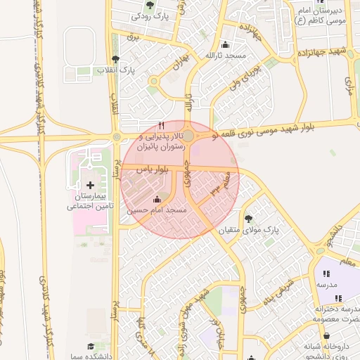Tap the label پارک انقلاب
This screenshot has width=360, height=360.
pyautogui.click(x=117, y=70)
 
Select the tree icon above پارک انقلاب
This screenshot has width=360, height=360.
pyautogui.click(x=115, y=59)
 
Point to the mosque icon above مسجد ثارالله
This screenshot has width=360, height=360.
pyautogui.click(x=224, y=44)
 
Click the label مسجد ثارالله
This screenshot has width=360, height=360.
pyautogui.click(x=224, y=55)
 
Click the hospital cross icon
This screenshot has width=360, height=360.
pyautogui.click(x=89, y=185)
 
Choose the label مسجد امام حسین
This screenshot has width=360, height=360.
pyautogui.click(x=157, y=210)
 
